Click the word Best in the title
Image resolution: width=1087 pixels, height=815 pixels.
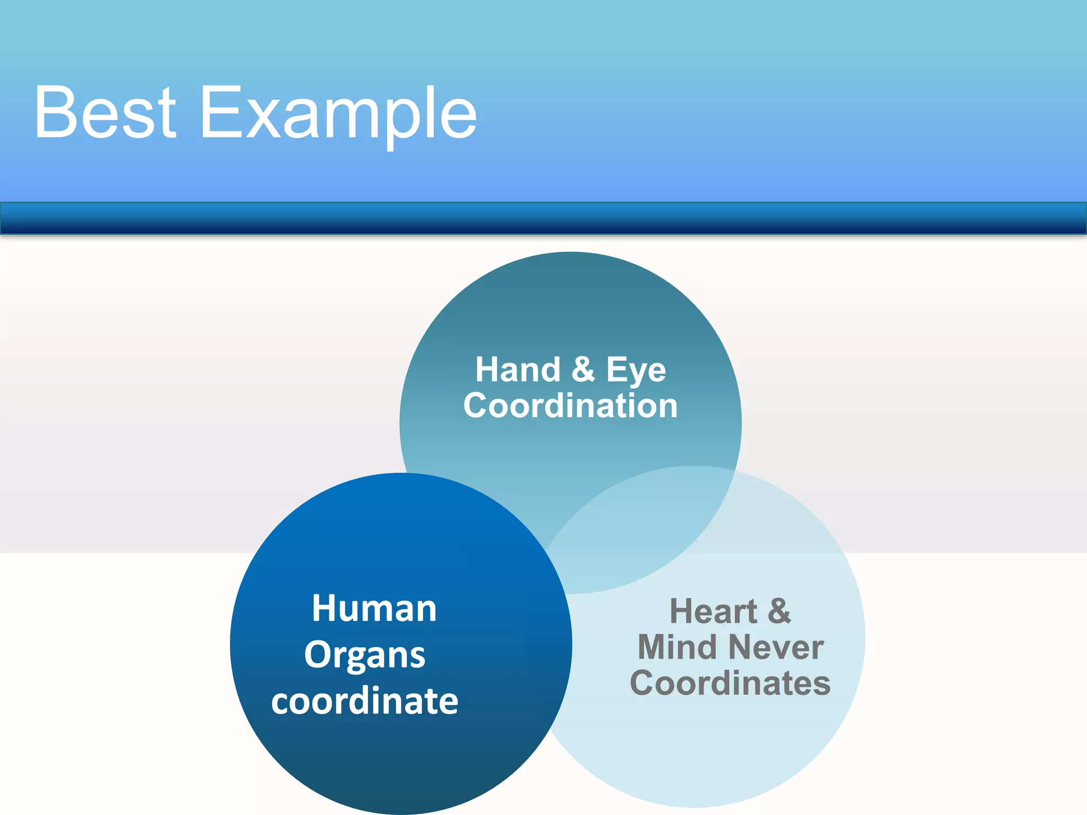105,113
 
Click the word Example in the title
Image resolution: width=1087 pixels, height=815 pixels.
338,114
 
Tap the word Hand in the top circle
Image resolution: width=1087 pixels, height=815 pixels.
517,370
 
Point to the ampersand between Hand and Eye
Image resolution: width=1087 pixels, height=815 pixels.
583,369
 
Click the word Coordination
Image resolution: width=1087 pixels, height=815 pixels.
571,406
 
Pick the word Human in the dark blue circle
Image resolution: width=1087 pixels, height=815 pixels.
374,609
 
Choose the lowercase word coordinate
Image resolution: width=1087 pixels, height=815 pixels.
365,701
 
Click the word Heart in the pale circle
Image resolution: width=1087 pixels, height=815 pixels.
713,612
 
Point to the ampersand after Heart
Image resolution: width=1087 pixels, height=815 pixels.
779,611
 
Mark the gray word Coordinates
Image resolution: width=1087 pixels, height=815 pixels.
730,683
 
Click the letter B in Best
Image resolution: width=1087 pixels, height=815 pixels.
55,113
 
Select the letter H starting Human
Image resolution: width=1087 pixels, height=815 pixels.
324,609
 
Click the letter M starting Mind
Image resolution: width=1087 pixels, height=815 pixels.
653,648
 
